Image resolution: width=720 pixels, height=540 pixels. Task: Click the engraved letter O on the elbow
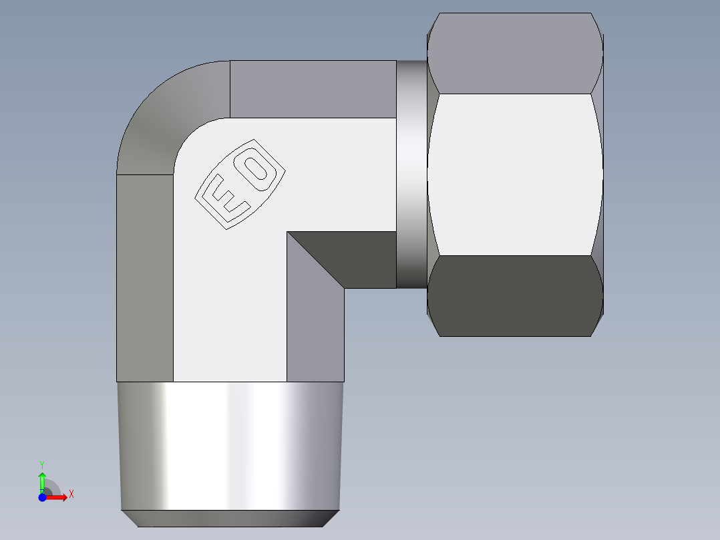[x=256, y=169]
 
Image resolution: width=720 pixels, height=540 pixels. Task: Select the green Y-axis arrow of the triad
[x=42, y=481]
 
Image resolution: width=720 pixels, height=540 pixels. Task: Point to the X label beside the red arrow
[x=71, y=495]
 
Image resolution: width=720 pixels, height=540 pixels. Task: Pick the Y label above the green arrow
[x=42, y=464]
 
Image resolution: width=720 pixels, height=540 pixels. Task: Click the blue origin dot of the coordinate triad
[x=42, y=497]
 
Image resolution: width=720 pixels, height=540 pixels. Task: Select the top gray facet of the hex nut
[x=514, y=53]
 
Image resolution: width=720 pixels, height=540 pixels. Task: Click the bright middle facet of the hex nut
[x=514, y=174]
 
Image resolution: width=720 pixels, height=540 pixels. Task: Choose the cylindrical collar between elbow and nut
[x=411, y=174]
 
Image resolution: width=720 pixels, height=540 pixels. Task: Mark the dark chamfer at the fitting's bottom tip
[x=230, y=519]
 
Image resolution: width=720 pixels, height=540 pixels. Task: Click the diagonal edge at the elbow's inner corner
[x=316, y=260]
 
